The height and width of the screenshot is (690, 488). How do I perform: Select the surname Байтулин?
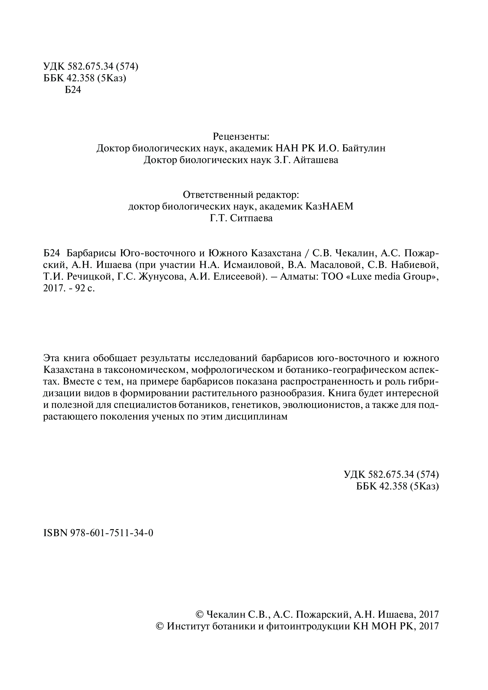(x=364, y=148)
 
